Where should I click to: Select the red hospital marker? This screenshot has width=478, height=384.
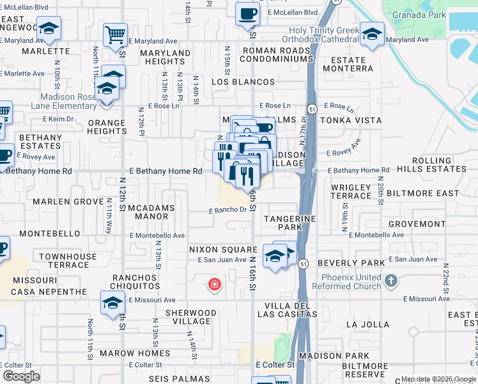215,284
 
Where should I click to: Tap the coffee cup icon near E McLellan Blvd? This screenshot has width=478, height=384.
247,13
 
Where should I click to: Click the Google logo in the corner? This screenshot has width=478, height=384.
22,376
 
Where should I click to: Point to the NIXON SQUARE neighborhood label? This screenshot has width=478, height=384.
222,249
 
